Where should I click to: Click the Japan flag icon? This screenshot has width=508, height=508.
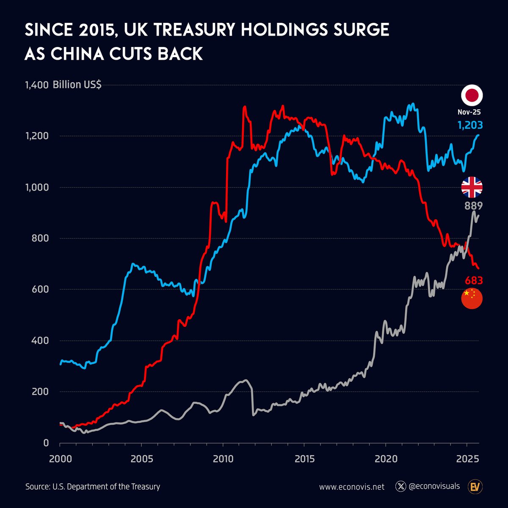click(472, 95)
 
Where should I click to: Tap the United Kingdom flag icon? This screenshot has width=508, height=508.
click(472, 187)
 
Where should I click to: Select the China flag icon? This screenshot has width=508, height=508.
click(472, 298)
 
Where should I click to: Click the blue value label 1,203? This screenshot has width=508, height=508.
click(470, 125)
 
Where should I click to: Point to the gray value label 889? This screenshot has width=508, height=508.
click(474, 206)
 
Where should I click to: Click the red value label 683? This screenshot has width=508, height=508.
click(474, 281)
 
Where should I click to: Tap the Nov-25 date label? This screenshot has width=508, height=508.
click(469, 113)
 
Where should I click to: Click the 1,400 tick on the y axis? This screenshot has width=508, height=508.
click(37, 85)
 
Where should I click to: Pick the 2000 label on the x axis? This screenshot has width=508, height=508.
click(60, 459)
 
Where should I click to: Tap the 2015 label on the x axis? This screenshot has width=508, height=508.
click(304, 459)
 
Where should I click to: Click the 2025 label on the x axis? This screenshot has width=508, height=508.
click(467, 459)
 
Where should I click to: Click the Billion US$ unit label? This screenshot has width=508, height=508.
click(77, 85)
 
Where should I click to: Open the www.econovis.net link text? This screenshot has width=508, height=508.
click(352, 487)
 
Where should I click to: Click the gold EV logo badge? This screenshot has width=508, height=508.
click(475, 487)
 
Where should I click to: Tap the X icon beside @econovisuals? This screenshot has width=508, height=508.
click(400, 486)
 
